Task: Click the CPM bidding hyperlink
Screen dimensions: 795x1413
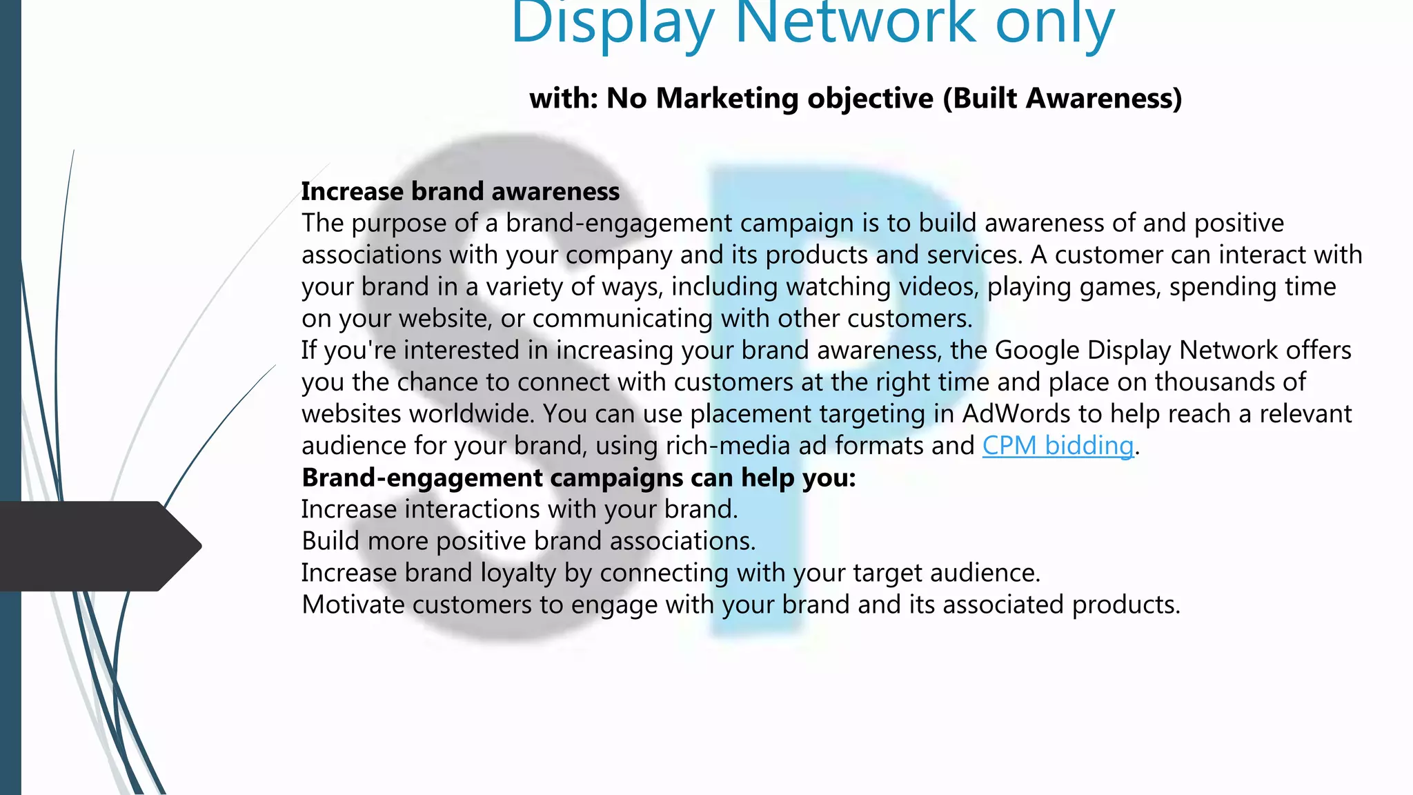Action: pyautogui.click(x=1058, y=446)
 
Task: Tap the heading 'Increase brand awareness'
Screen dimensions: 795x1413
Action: pyautogui.click(x=460, y=191)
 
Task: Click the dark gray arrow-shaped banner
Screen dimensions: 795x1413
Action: pyautogui.click(x=97, y=546)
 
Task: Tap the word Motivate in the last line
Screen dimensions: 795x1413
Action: pyautogui.click(x=353, y=605)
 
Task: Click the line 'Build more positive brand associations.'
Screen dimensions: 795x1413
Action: pyautogui.click(x=528, y=541)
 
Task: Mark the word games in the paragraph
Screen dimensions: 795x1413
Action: pyautogui.click(x=1120, y=287)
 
